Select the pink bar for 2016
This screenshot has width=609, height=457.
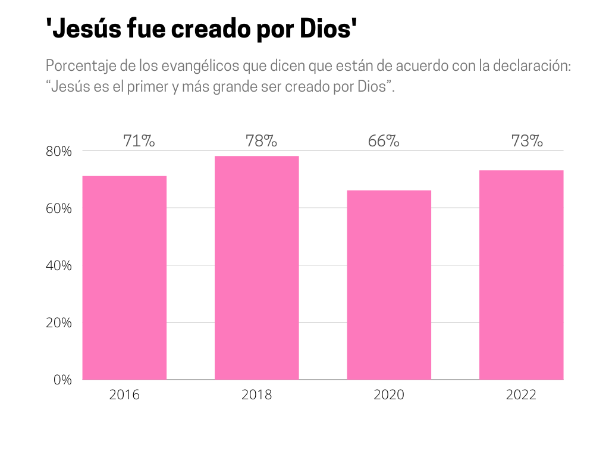coord(124,277)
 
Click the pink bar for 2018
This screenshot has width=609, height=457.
coord(256,267)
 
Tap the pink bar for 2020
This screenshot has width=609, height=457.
coord(389,284)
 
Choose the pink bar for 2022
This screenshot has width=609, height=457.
coord(521,274)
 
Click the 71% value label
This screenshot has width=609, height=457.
coord(139,142)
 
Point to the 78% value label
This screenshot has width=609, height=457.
coord(261,142)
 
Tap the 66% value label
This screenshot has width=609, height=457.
coord(383,142)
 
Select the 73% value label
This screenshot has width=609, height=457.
coord(527,142)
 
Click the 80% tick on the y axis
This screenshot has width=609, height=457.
coord(58,152)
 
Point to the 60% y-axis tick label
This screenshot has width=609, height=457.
coord(58,209)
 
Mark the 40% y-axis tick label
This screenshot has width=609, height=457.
coord(58,266)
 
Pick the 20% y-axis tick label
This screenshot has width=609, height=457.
coord(58,323)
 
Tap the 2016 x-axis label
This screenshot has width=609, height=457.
coord(124,395)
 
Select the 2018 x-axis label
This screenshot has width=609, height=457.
coord(256,395)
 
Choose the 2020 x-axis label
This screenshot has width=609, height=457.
coord(388,395)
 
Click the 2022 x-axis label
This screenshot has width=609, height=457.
coord(521,395)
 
